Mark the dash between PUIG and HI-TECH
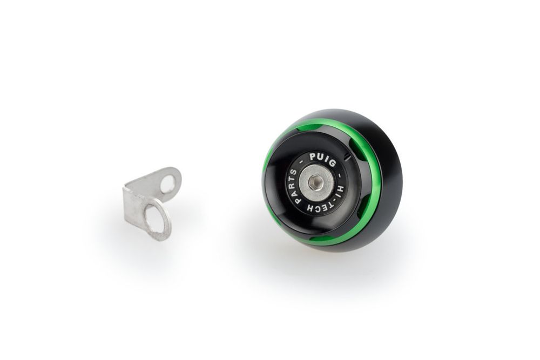coord(337,168)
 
